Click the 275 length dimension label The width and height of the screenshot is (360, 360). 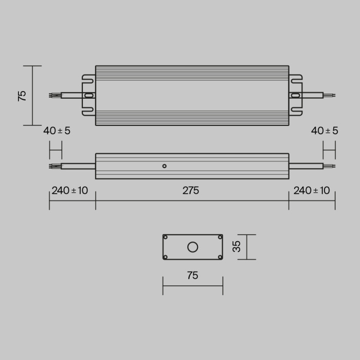190,190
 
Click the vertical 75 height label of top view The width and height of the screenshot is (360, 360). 22,96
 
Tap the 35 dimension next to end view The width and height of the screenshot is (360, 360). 237,247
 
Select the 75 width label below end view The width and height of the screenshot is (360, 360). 192,276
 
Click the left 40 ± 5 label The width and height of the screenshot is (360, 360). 57,131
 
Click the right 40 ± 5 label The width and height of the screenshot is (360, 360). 325,131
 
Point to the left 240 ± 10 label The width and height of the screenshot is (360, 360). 69,190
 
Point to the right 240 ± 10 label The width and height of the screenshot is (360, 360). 312,190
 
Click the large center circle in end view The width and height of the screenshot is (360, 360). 193,247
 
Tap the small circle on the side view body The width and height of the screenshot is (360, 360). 164,166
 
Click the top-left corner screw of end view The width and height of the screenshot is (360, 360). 166,237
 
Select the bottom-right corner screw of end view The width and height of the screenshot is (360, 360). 220,257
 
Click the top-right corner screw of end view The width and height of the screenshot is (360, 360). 220,237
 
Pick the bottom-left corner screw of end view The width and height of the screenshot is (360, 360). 166,257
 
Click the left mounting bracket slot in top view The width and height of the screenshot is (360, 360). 89,95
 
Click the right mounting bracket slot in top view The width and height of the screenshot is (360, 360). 295,95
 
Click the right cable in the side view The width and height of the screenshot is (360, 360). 305,166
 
